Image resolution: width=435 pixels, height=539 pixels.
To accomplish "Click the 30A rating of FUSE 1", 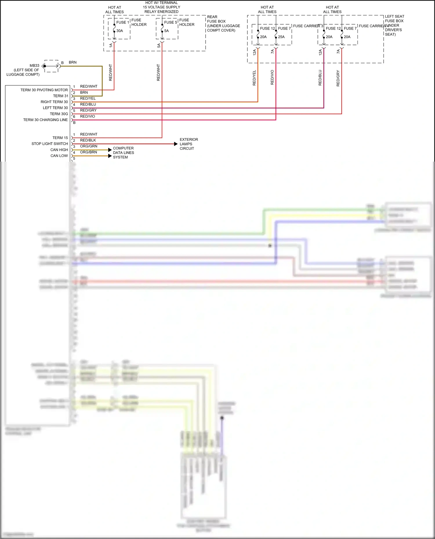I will click(119, 31).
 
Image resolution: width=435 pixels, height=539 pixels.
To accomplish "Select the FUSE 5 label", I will click(171, 22).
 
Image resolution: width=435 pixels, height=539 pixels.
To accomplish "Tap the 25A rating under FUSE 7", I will click(281, 37).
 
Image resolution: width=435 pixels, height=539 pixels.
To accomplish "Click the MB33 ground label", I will click(34, 65).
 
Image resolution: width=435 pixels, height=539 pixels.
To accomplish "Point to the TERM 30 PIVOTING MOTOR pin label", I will click(44, 90).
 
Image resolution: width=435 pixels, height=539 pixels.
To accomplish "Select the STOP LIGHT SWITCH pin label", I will click(50, 144).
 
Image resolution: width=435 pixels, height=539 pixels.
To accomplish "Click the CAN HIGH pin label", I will click(59, 150).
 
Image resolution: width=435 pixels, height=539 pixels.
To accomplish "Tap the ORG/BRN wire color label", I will click(88, 152).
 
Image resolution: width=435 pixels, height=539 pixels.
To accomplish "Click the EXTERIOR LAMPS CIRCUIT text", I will click(188, 144).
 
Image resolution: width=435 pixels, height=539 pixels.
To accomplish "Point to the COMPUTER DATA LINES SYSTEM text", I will click(123, 153).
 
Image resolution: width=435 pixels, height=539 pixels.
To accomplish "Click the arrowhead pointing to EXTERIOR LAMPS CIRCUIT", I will click(176, 144).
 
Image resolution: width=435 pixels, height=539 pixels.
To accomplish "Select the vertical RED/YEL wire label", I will click(254, 78).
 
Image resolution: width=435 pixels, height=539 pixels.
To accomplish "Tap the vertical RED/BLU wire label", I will click(320, 78).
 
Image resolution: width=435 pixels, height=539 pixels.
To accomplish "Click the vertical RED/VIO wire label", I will click(272, 77).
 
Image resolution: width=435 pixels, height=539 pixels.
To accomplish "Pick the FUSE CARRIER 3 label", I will click(308, 26).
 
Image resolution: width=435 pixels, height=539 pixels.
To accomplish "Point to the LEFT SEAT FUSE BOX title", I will click(394, 19).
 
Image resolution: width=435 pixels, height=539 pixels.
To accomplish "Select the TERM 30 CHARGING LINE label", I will click(45, 120).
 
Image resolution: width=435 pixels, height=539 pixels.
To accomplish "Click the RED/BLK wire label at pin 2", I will click(88, 140).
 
